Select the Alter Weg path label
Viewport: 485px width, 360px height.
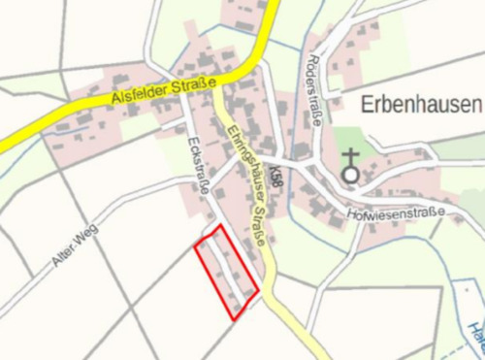[x=72, y=248]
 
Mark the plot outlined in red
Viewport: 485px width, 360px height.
[x=227, y=271]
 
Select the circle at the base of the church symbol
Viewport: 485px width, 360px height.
[x=349, y=176]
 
